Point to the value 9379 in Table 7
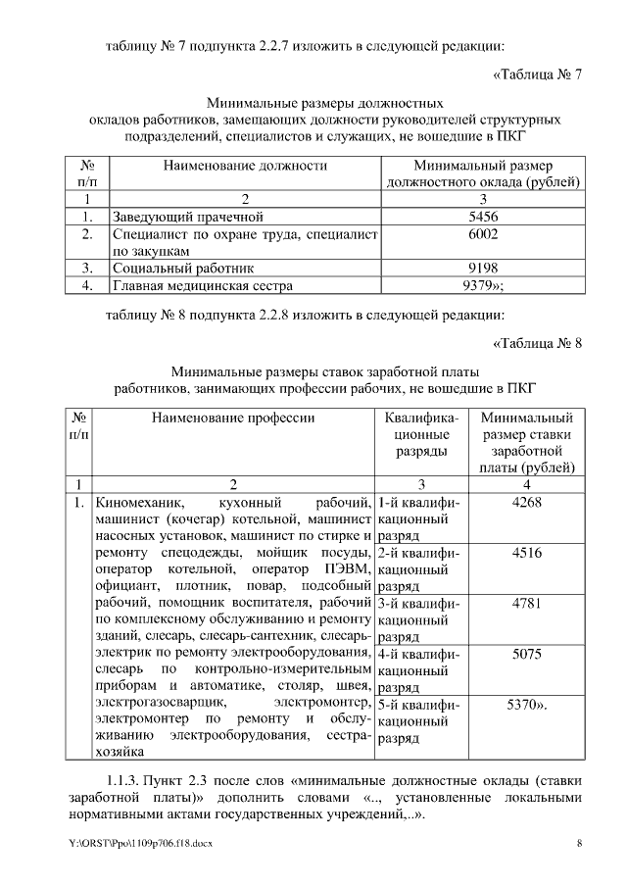tap(482, 285)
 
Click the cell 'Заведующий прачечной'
tap(188, 217)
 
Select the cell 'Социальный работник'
tap(183, 268)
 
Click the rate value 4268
tap(527, 502)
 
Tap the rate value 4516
tap(527, 553)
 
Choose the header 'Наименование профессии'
tap(233, 418)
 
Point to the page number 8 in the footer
tap(580, 844)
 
